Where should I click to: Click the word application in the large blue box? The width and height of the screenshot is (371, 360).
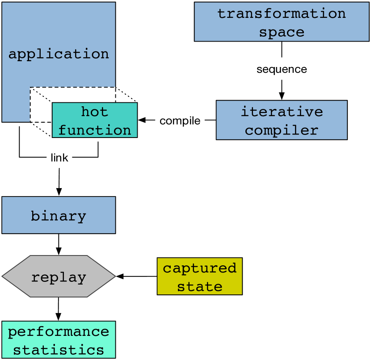click(59, 54)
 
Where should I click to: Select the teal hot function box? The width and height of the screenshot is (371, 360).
click(94, 120)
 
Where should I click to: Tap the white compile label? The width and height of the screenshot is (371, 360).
click(180, 121)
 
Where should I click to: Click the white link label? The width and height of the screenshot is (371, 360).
click(59, 157)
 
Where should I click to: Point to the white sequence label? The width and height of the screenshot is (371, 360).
click(282, 69)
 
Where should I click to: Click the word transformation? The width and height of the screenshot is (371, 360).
click(282, 13)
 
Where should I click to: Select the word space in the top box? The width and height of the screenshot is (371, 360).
click(282, 32)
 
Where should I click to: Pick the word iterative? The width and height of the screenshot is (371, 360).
click(282, 111)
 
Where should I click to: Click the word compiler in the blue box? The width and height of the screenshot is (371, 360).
click(282, 130)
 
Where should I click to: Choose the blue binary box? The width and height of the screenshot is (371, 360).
click(59, 216)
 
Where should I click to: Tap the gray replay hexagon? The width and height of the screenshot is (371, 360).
click(59, 276)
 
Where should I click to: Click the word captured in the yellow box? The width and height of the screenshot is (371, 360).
click(199, 268)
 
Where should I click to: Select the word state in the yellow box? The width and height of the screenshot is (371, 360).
click(199, 286)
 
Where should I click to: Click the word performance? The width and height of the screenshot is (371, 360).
click(59, 331)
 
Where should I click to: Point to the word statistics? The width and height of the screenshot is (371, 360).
click(59, 349)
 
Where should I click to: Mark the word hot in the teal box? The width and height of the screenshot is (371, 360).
click(94, 111)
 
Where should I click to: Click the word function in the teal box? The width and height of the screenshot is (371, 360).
click(94, 130)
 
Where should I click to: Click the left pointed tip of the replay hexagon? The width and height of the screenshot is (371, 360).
click(4, 276)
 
